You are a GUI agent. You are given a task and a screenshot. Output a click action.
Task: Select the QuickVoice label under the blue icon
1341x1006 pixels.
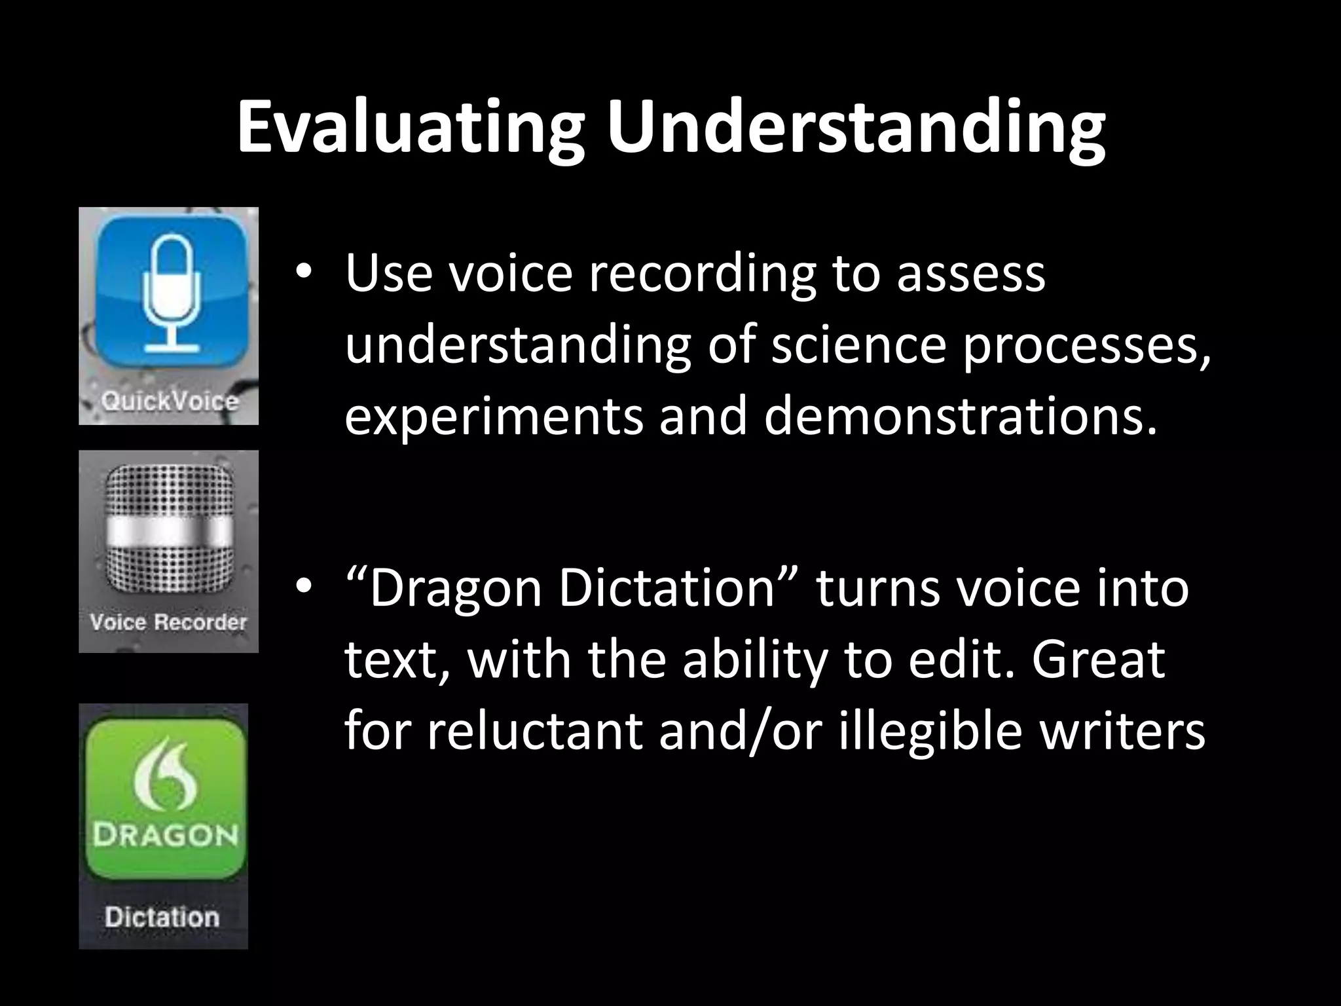point(170,401)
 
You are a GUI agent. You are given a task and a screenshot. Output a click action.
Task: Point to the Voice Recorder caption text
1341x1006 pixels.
point(168,622)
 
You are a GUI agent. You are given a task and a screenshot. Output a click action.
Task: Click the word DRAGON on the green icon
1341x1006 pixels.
point(164,836)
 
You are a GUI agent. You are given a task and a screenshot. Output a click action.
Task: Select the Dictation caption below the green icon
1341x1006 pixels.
point(162,917)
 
